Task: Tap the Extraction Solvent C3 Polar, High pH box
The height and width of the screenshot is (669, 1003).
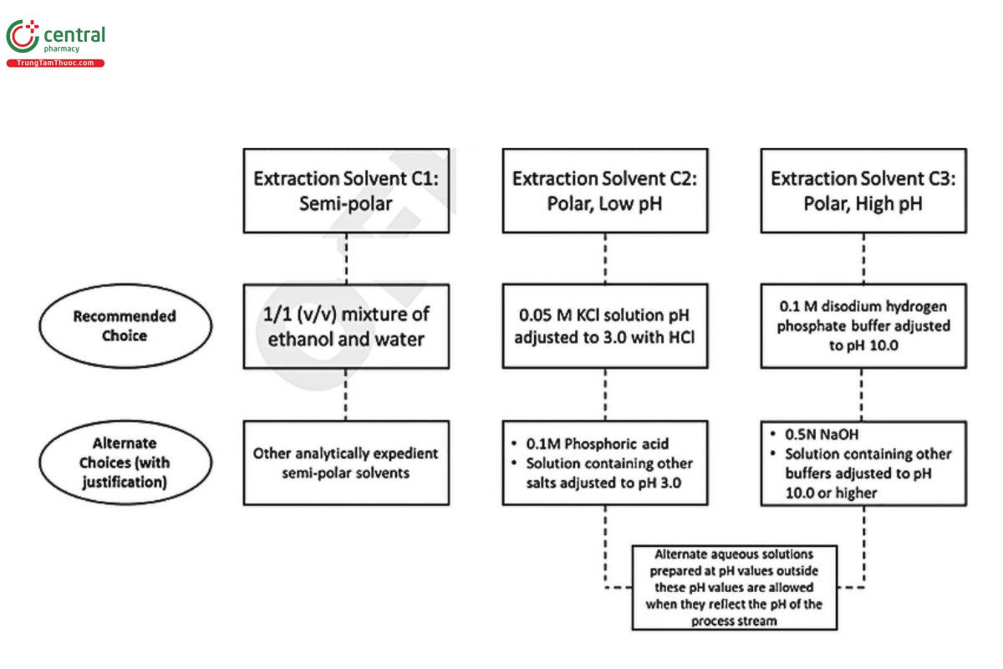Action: [x=863, y=191]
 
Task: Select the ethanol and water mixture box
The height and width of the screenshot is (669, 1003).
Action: [x=345, y=326]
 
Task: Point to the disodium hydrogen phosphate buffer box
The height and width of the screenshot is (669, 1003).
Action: [x=863, y=326]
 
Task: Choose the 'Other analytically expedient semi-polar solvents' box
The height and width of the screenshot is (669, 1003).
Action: [x=345, y=462]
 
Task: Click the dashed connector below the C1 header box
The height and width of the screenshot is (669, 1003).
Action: [x=345, y=258]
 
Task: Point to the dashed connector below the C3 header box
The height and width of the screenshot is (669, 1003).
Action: [x=863, y=258]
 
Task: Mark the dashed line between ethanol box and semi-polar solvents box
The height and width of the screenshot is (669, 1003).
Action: [x=345, y=395]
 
